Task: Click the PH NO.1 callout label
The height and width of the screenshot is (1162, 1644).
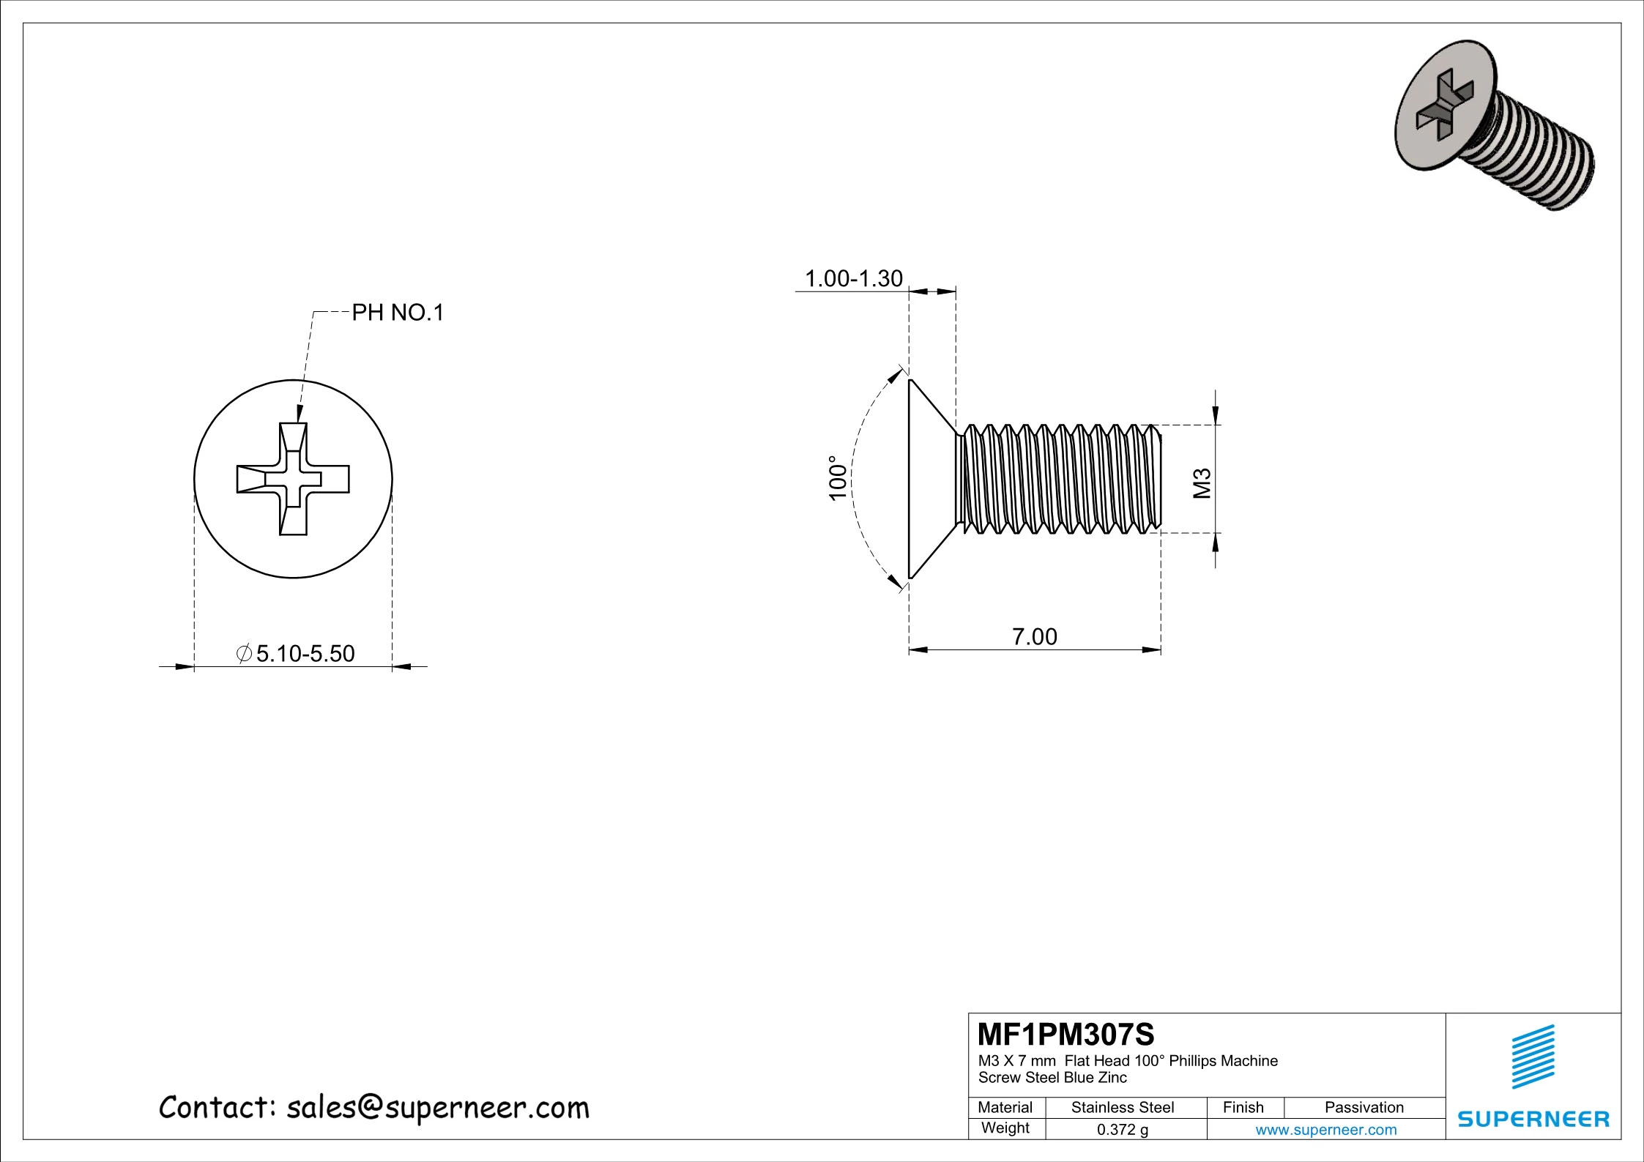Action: tap(398, 313)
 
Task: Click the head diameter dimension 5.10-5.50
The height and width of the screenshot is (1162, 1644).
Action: tap(305, 653)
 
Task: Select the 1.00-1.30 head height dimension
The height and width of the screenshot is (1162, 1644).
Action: tap(853, 279)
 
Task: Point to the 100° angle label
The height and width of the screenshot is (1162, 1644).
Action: tap(838, 478)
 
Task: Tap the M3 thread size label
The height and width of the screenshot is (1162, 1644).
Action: tap(1202, 483)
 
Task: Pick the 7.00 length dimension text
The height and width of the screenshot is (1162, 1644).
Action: tap(1034, 637)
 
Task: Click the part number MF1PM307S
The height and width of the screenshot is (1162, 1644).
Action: tap(1065, 1035)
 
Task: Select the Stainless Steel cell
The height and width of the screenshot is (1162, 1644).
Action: tap(1122, 1107)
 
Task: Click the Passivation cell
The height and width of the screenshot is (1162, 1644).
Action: tap(1364, 1107)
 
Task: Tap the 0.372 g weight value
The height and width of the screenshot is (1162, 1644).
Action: tap(1122, 1129)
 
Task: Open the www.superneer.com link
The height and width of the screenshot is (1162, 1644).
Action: tap(1325, 1129)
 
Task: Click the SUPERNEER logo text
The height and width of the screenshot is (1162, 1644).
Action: tap(1533, 1119)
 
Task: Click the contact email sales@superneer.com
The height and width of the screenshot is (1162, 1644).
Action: tap(438, 1108)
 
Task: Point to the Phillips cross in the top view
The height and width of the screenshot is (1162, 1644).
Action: tap(293, 480)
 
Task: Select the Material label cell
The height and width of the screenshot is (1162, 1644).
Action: tap(1005, 1107)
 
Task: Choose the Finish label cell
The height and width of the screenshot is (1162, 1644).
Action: tap(1243, 1107)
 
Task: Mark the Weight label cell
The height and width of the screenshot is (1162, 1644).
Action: tap(1005, 1128)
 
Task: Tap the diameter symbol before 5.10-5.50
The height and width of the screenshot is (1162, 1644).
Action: tap(245, 653)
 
